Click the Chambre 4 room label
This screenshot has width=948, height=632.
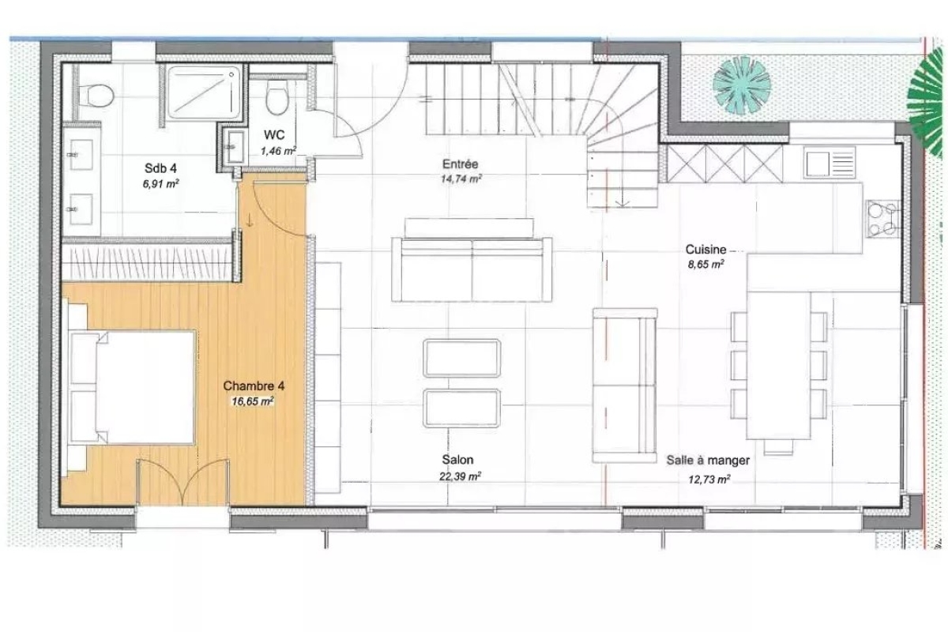(x=254, y=386)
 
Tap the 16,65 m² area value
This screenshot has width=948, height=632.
(x=252, y=401)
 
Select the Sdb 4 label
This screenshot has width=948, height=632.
(x=160, y=168)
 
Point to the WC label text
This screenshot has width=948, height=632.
(x=274, y=135)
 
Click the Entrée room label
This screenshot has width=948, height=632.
(x=460, y=164)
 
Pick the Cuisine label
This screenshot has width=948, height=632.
(x=705, y=250)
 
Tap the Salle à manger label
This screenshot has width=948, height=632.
(x=708, y=460)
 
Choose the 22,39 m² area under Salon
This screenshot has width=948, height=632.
(x=460, y=476)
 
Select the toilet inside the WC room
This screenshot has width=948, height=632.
(x=276, y=97)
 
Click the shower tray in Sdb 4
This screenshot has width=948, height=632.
(x=204, y=92)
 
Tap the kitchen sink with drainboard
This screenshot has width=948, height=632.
(x=830, y=161)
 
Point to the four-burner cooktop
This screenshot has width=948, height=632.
(x=883, y=218)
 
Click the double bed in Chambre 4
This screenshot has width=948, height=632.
(x=132, y=387)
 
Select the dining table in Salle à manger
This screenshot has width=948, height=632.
(x=779, y=365)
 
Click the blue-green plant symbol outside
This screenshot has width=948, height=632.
(x=742, y=85)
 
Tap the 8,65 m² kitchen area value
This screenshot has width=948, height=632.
(x=705, y=265)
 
